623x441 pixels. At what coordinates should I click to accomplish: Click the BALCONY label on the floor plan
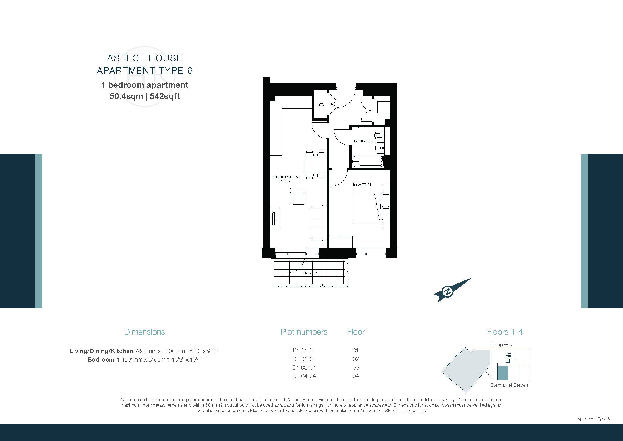click(310, 273)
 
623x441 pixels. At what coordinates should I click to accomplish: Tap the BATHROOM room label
click(363, 141)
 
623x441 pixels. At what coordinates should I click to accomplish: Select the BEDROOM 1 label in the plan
click(362, 185)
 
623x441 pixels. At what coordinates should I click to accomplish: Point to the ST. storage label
click(321, 105)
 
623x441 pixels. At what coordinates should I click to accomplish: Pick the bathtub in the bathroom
click(368, 162)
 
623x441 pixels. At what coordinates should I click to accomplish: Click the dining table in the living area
click(315, 165)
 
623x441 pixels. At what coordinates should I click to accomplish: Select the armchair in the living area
click(299, 196)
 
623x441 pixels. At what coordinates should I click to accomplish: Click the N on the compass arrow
click(448, 291)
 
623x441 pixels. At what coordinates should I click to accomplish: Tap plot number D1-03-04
click(304, 367)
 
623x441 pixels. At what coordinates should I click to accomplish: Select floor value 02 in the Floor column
click(356, 359)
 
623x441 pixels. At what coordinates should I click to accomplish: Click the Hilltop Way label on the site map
click(501, 344)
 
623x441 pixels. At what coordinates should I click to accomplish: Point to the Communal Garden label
click(509, 385)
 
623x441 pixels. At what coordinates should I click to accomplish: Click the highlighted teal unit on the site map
click(503, 372)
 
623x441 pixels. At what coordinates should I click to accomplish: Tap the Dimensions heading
click(145, 332)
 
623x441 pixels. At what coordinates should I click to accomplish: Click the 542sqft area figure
click(165, 96)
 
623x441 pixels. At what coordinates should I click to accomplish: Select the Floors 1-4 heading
click(505, 332)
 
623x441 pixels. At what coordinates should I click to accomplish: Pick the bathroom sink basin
click(380, 148)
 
